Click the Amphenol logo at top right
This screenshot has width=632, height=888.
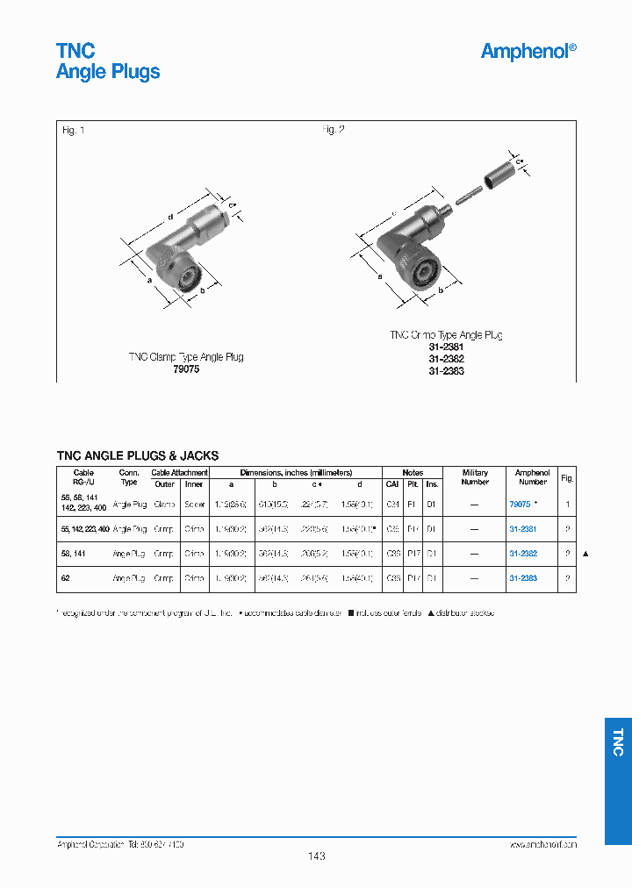[528, 52]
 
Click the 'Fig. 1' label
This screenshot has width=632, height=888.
[74, 131]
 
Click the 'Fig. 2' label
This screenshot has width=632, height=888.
[333, 130]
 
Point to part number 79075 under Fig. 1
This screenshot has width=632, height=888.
[185, 369]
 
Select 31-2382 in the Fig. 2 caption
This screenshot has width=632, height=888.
[446, 359]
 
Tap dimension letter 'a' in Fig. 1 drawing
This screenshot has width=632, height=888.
[149, 281]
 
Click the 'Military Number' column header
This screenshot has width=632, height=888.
[475, 476]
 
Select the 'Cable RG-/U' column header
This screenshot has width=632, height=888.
[83, 476]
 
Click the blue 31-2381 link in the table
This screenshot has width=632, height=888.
[523, 529]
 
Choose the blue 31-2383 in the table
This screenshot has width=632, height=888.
[523, 578]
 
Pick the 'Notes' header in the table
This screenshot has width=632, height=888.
[412, 472]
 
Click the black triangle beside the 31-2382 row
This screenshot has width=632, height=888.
[586, 554]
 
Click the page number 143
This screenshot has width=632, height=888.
[317, 856]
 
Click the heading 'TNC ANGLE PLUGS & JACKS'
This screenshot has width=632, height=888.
[138, 455]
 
